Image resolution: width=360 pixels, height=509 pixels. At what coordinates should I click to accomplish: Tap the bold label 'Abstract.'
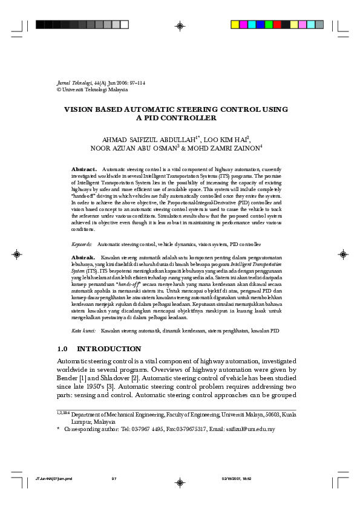point(84,169)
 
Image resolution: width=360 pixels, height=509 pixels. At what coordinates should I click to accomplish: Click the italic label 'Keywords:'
point(82,244)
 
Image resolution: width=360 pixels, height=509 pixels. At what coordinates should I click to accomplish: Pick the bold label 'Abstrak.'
point(83,258)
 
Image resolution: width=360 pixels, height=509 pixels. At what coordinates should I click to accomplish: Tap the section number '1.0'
point(62,349)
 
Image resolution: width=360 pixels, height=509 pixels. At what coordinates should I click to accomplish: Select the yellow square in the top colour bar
point(235,25)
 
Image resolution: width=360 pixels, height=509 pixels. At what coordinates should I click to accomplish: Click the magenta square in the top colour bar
point(244,25)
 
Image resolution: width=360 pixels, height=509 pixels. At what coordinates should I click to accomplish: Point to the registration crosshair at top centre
point(180,25)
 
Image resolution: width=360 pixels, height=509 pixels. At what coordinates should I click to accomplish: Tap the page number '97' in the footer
point(114,478)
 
